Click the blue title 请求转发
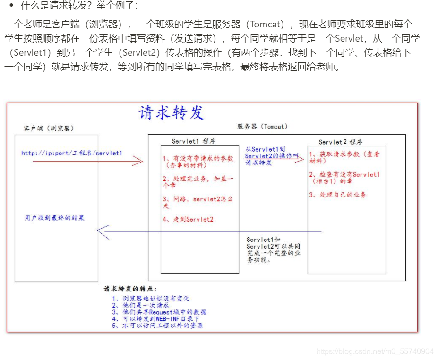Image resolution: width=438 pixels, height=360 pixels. (172, 113)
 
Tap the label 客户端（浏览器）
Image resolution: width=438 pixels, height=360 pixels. (49, 129)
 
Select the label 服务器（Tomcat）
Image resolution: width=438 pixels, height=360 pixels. (262, 127)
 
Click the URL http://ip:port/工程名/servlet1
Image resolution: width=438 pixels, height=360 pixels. (72, 153)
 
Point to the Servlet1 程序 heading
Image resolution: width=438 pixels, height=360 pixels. (194, 141)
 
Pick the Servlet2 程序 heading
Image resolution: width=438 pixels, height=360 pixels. (340, 142)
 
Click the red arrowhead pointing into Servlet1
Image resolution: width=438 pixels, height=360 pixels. (137, 162)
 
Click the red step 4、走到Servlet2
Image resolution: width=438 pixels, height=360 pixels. (188, 219)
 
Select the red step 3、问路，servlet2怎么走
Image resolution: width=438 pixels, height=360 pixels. (198, 203)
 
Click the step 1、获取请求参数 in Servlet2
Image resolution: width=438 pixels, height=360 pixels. (344, 158)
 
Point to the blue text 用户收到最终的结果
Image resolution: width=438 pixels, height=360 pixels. (55, 218)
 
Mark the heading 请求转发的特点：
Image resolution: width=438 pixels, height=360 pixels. (130, 289)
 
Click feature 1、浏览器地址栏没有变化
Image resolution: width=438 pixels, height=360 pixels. (151, 299)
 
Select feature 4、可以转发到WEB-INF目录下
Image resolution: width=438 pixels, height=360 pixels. (156, 319)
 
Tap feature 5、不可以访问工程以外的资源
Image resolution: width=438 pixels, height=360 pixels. (157, 326)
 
